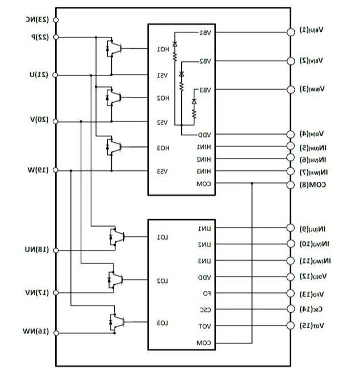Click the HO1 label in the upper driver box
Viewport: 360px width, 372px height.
point(164,49)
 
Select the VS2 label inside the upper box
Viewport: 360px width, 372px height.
point(162,122)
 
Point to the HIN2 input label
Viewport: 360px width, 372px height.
point(204,159)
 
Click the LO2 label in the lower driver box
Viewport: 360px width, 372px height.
point(162,281)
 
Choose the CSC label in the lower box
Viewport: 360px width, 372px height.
point(205,310)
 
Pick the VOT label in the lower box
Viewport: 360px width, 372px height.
point(205,327)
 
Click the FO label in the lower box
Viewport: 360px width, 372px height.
point(207,294)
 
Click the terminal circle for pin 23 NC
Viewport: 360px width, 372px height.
point(56,20)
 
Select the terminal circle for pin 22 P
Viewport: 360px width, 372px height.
point(56,37)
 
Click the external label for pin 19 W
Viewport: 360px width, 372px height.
point(39,170)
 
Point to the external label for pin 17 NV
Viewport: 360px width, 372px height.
point(37,292)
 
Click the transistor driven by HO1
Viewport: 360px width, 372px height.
point(114,48)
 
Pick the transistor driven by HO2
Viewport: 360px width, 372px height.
point(114,97)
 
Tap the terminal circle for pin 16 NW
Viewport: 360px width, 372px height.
point(56,332)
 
